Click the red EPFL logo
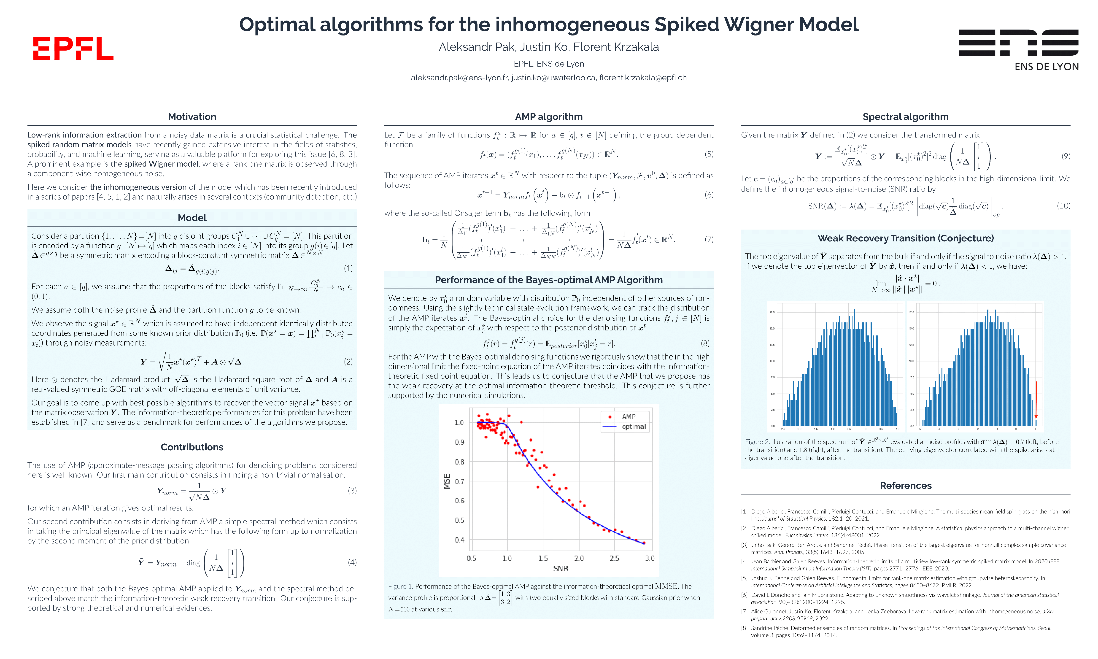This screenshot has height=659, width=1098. (x=73, y=49)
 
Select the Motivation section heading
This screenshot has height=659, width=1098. (x=192, y=117)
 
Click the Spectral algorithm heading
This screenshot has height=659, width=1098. (x=905, y=117)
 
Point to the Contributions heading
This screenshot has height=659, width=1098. (x=192, y=447)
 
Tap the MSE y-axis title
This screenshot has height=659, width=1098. (x=447, y=481)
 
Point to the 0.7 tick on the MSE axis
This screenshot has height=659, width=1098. (x=459, y=481)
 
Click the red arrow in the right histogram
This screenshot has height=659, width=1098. (x=1036, y=400)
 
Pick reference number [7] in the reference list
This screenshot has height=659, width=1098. (x=744, y=611)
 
